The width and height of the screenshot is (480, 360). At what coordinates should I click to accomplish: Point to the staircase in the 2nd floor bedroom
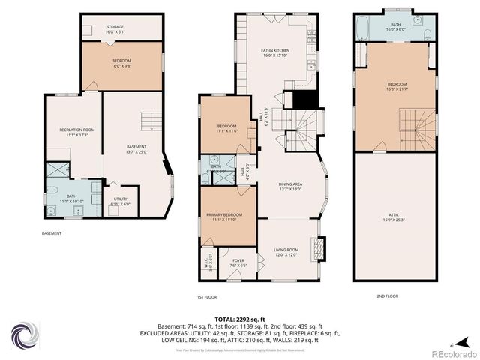point(417,127)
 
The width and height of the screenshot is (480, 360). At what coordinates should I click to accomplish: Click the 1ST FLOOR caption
point(207,296)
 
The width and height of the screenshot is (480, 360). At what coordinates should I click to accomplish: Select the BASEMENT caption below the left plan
point(52,233)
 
